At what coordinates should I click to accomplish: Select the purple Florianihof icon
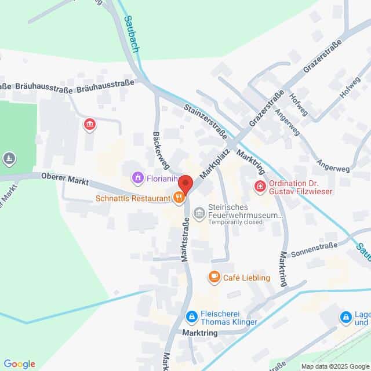(x=138, y=177)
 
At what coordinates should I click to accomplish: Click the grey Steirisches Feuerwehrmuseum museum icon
(x=199, y=213)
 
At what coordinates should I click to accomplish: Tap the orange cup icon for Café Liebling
(x=214, y=277)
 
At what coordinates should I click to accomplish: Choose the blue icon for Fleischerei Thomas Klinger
(x=191, y=317)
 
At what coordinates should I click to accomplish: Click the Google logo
(x=19, y=364)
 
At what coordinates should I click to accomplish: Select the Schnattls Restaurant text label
(x=133, y=198)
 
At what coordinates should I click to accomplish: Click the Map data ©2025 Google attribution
(x=334, y=366)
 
